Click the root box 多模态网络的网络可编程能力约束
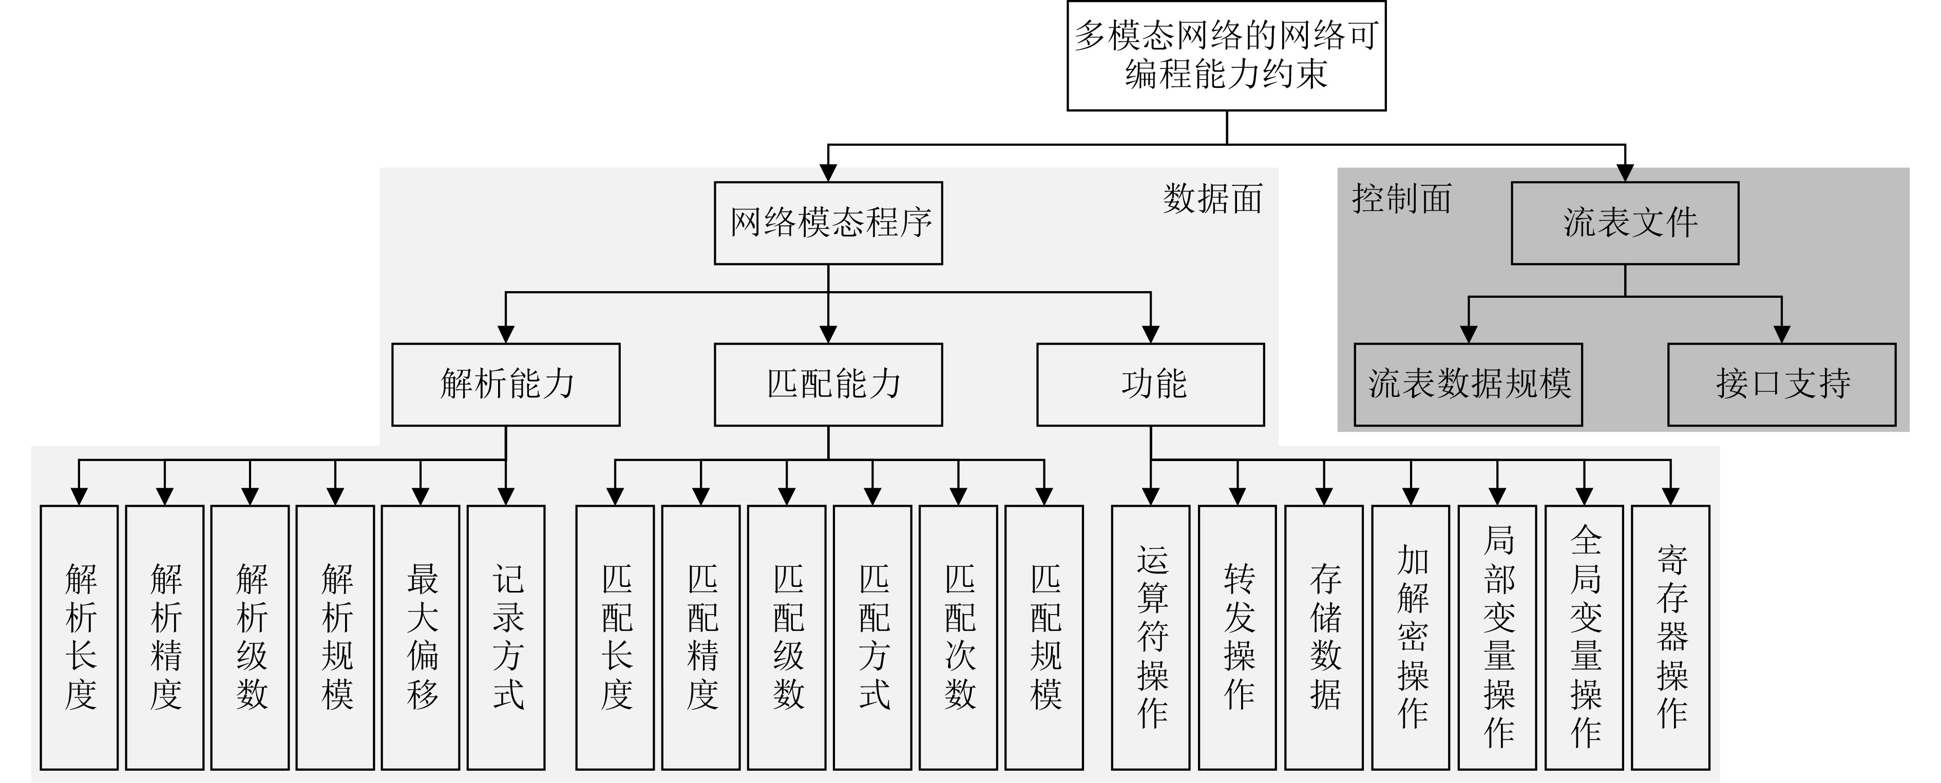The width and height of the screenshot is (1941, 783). coord(1226,56)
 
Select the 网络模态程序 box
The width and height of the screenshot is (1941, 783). coord(828,223)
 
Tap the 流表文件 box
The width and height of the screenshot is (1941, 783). coord(1625,223)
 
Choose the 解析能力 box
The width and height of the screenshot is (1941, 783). coord(506,385)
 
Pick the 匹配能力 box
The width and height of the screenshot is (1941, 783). coord(828,385)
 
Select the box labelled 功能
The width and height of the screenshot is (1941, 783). coord(1151,385)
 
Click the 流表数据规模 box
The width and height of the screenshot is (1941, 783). coord(1468,385)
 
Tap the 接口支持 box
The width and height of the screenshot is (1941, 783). coord(1781,385)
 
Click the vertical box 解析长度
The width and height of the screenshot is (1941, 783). coord(79,637)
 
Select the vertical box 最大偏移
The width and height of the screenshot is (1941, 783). coord(421,637)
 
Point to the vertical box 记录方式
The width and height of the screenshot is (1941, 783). coord(506,637)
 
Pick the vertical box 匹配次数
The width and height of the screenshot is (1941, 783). coord(959,637)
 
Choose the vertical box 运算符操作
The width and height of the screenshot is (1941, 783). coord(1151,637)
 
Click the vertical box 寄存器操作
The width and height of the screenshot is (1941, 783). coord(1670,637)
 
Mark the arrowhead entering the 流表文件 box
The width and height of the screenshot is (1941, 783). coord(1625,174)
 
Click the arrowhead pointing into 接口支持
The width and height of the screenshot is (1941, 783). coord(1781,335)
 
